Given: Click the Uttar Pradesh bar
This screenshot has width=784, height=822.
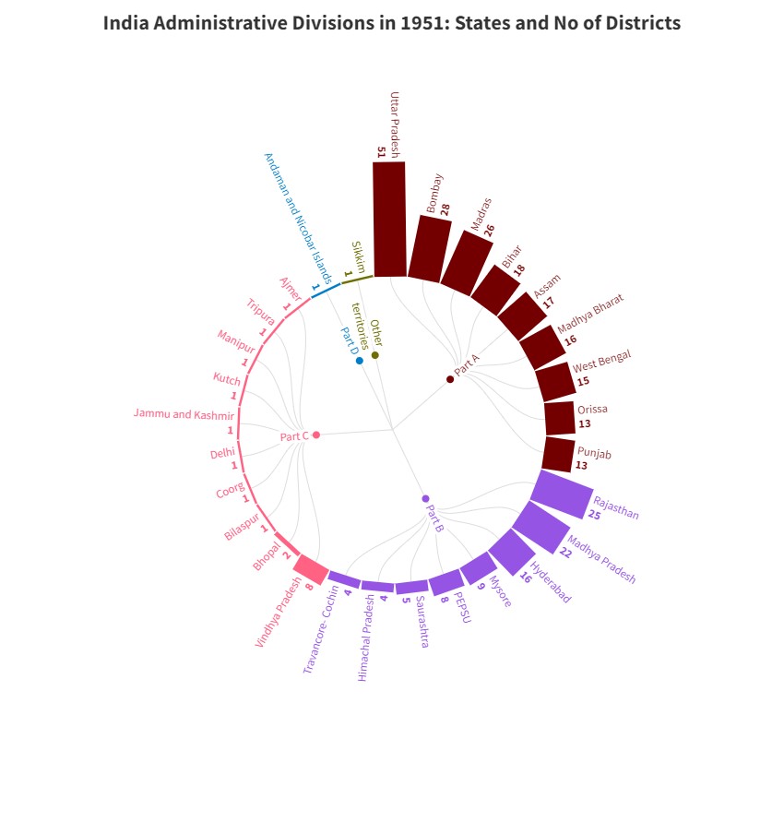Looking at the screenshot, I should (x=389, y=220).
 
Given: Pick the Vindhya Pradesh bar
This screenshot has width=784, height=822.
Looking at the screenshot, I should (x=311, y=569).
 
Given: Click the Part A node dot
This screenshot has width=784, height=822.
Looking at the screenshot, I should (x=450, y=379).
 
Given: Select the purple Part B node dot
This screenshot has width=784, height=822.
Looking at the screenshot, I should (x=425, y=498).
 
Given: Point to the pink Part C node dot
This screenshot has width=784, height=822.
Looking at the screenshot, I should (x=316, y=435).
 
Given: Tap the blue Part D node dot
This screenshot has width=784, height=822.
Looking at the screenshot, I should (x=360, y=361).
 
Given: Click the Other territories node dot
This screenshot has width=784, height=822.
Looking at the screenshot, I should (x=375, y=355).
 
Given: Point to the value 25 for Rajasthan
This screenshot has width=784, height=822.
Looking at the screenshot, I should (x=594, y=515).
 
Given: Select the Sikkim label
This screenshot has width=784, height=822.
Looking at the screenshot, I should (x=358, y=256).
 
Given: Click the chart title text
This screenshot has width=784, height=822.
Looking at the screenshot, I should (x=392, y=23).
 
